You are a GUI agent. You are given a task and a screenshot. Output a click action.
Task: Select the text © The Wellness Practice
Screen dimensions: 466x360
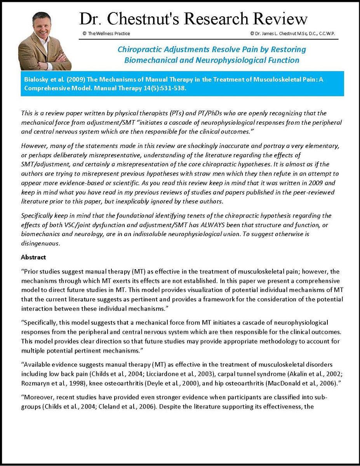(106, 33)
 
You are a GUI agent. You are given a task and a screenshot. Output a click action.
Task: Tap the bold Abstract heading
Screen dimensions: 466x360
(33, 257)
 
